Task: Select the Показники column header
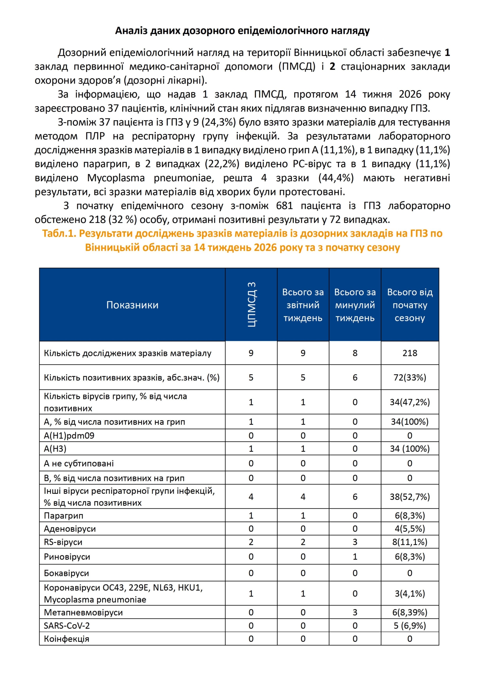[132, 305]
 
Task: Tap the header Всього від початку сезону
[410, 305]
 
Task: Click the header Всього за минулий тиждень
[355, 305]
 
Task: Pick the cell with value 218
[410, 353]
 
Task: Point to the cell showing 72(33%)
[410, 377]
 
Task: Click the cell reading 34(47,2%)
[410, 402]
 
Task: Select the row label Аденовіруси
[70, 529]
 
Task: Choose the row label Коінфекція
[66, 639]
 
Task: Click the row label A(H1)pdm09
[69, 435]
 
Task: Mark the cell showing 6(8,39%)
[410, 612]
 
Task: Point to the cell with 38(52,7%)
[410, 496]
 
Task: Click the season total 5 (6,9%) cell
[410, 626]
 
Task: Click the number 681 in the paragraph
[284, 206]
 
